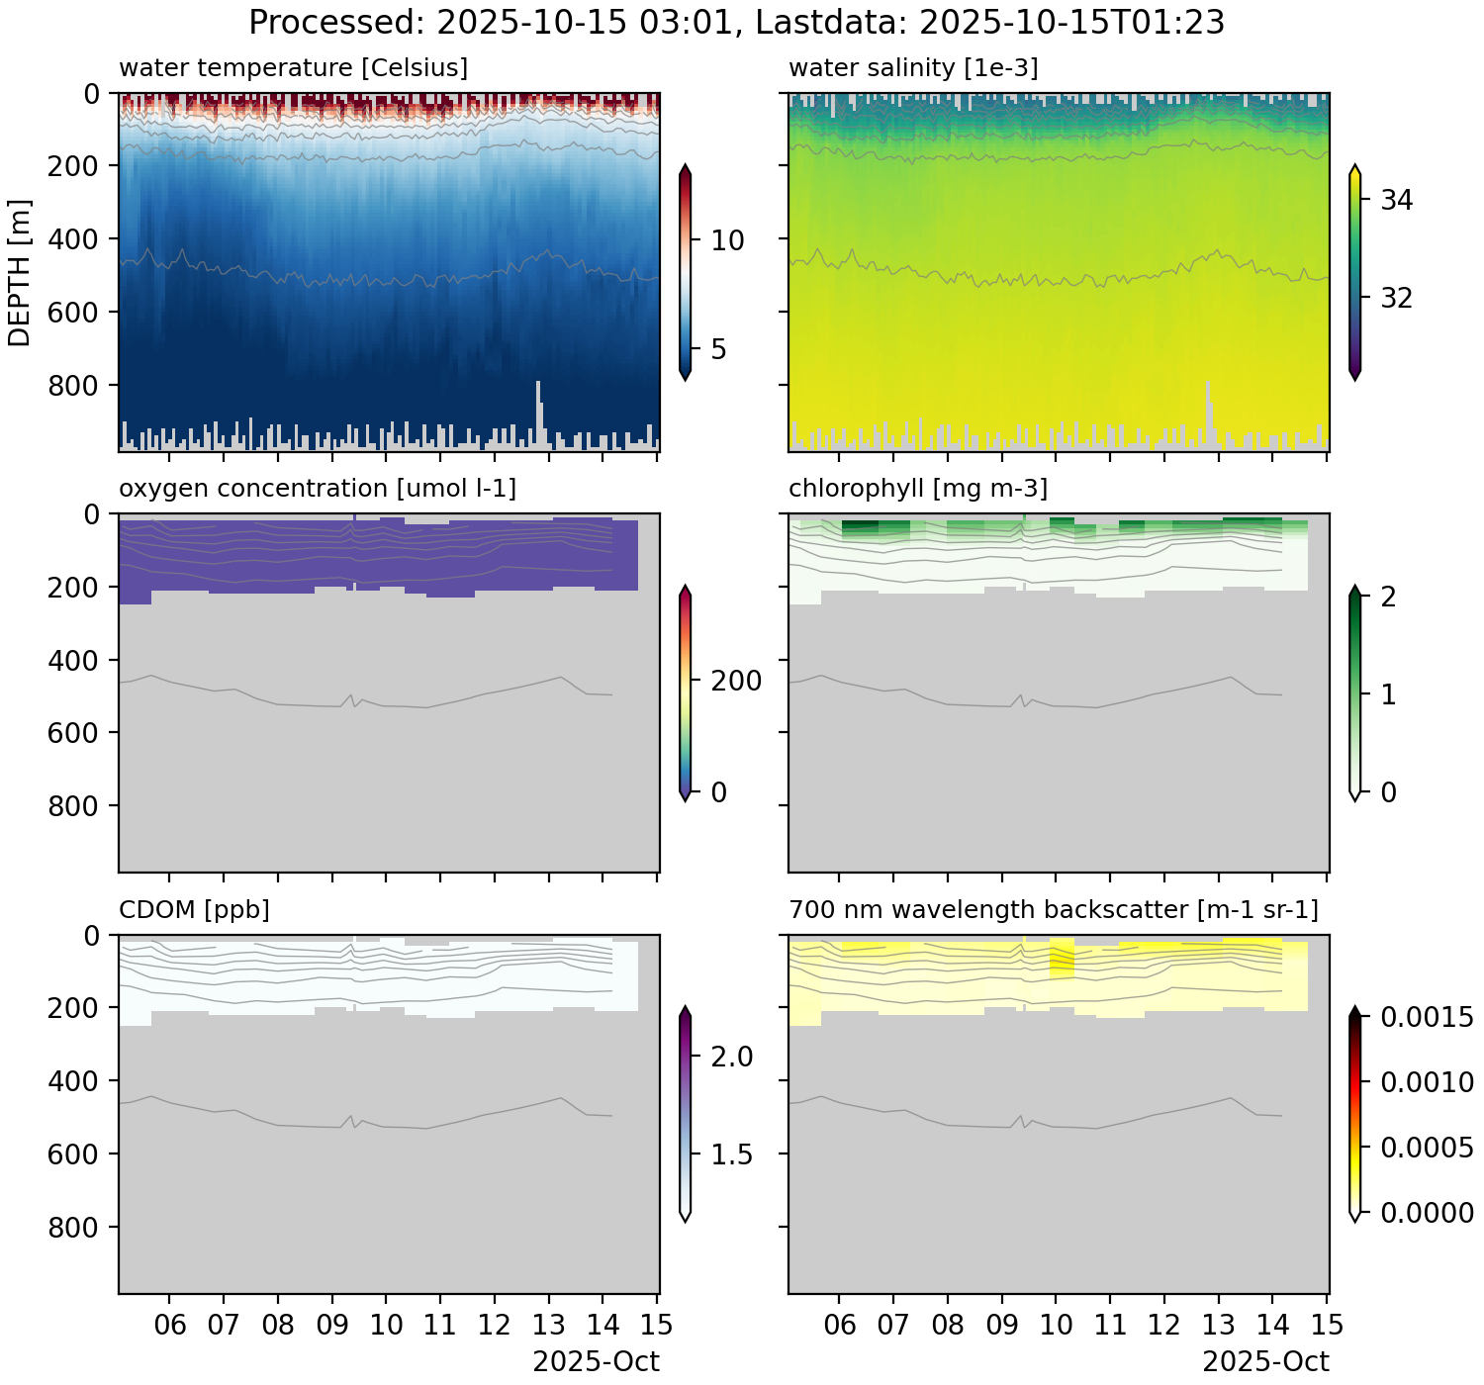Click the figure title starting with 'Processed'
tap(736, 22)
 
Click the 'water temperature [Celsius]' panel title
tap(293, 68)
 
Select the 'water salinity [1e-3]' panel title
tap(913, 68)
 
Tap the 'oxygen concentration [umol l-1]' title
tap(317, 489)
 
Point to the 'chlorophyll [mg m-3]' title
tap(917, 489)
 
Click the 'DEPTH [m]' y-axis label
tap(20, 272)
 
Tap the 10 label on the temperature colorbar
tap(727, 240)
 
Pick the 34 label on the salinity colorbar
tap(1396, 201)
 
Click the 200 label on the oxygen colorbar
tap(737, 681)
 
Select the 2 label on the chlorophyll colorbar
tap(1388, 598)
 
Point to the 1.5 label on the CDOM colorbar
tap(732, 1155)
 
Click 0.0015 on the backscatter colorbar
tap(1427, 1018)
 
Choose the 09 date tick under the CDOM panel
tap(332, 1326)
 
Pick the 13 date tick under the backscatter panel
tap(1219, 1326)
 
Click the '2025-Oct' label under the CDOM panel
tap(596, 1362)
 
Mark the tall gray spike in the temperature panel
tap(539, 411)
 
